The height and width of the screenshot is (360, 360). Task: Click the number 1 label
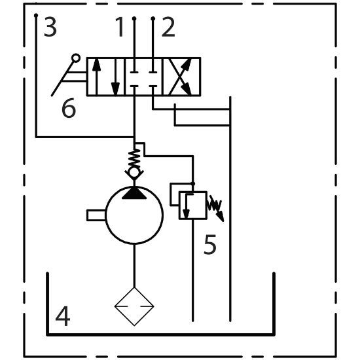coord(120,27)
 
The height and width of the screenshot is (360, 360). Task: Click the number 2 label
coord(168,27)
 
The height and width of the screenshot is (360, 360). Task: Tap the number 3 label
coord(50,27)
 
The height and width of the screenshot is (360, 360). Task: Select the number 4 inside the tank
coord(63,316)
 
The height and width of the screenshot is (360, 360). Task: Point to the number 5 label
coord(210,244)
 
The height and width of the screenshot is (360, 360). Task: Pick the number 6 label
coord(69,108)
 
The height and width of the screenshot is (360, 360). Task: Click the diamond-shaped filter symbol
coord(134,306)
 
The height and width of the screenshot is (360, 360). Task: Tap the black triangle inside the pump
coord(134,193)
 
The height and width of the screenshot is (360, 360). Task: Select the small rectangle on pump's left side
coord(96,215)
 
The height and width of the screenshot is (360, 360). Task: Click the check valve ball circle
coord(134,172)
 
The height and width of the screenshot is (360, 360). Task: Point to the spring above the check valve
coord(135,158)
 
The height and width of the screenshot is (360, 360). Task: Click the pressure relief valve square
coord(193,205)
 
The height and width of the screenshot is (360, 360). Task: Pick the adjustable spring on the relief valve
coord(215,207)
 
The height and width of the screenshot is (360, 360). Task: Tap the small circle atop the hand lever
coord(76,58)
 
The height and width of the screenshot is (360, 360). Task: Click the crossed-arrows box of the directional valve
coord(181,77)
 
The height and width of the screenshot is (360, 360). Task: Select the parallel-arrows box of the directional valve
coord(105,77)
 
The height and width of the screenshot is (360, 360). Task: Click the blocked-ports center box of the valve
coord(143,77)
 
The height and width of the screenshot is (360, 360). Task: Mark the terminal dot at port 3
coord(36,16)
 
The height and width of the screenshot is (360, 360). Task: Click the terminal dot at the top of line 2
coord(153,18)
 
